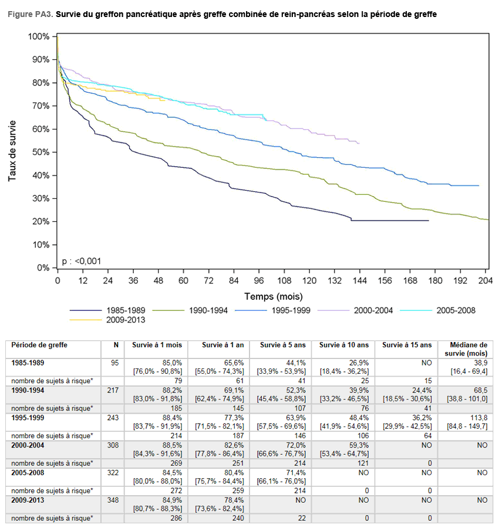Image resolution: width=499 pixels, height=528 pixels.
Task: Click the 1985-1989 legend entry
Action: [107, 310]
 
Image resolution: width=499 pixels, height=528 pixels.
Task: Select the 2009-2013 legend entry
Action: [107, 320]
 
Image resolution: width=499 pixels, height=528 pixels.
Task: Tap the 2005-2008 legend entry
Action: [438, 310]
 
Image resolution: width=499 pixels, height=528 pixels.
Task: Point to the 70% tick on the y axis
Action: [55, 106]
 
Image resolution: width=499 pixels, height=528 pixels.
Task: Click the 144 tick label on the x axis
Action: [359, 280]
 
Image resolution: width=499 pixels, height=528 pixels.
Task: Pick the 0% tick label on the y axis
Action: [43, 268]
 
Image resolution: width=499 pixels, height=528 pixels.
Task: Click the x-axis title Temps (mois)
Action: [273, 296]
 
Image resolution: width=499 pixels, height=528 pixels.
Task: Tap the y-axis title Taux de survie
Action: [12, 151]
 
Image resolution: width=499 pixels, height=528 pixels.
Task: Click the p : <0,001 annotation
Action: [82, 261]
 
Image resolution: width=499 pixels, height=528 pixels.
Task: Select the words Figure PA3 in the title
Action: [30, 15]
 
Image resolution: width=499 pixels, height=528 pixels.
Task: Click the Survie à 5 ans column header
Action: [283, 345]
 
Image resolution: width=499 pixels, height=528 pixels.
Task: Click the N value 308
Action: [113, 445]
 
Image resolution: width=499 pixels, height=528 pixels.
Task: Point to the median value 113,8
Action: [479, 418]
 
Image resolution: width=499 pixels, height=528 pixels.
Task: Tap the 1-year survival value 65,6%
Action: [234, 363]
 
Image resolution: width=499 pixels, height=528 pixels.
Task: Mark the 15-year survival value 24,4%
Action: [422, 391]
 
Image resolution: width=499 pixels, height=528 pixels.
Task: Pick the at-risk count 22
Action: [302, 518]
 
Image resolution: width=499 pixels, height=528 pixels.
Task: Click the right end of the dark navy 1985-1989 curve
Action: [429, 221]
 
